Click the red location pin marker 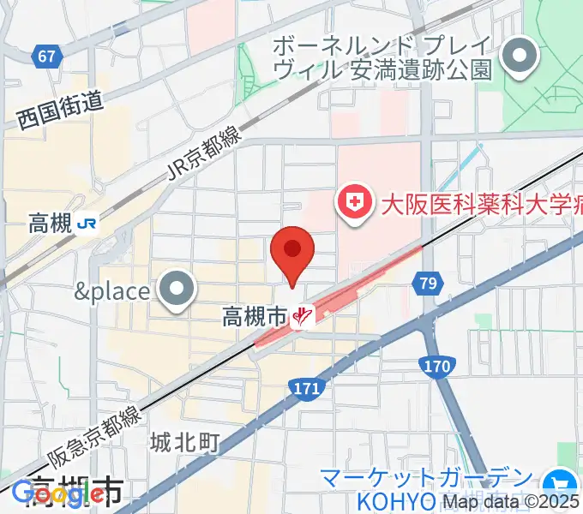[292, 252]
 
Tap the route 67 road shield [47, 57]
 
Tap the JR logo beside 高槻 [87, 224]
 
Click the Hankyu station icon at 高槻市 [302, 318]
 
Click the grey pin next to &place [177, 290]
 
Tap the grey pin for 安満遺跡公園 [519, 57]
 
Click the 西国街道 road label [59, 112]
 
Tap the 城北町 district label [185, 442]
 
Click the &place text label [111, 291]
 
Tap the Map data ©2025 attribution [511, 501]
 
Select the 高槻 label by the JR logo [49, 224]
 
